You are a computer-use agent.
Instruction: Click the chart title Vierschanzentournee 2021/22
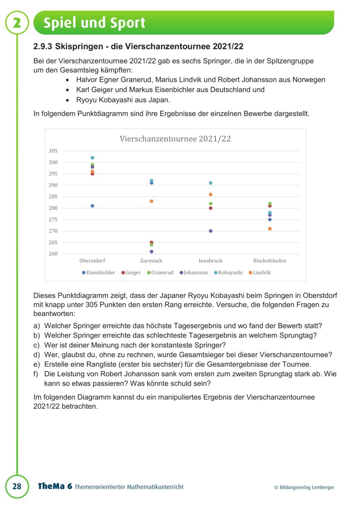coord(175,139)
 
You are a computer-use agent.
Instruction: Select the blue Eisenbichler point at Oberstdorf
coord(92,206)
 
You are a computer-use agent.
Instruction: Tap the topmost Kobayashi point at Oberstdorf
coord(92,158)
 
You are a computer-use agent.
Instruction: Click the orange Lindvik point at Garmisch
coord(151,201)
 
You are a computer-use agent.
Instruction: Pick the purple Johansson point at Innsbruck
coord(210,231)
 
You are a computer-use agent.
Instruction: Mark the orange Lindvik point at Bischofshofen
coord(270,229)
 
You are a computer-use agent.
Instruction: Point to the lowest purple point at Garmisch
coord(151,252)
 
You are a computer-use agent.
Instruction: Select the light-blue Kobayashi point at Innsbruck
coord(210,183)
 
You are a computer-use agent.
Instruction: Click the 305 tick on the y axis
coord(53,151)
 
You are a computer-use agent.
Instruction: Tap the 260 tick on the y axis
coord(53,254)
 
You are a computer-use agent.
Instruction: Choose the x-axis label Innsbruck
coord(210,261)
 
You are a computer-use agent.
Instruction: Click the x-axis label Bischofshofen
coord(270,261)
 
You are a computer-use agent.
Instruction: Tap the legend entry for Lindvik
coord(261,273)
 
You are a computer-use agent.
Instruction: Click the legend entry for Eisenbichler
coord(100,273)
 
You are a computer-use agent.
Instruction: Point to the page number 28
coord(17,486)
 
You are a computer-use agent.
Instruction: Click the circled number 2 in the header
coord(17,23)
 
